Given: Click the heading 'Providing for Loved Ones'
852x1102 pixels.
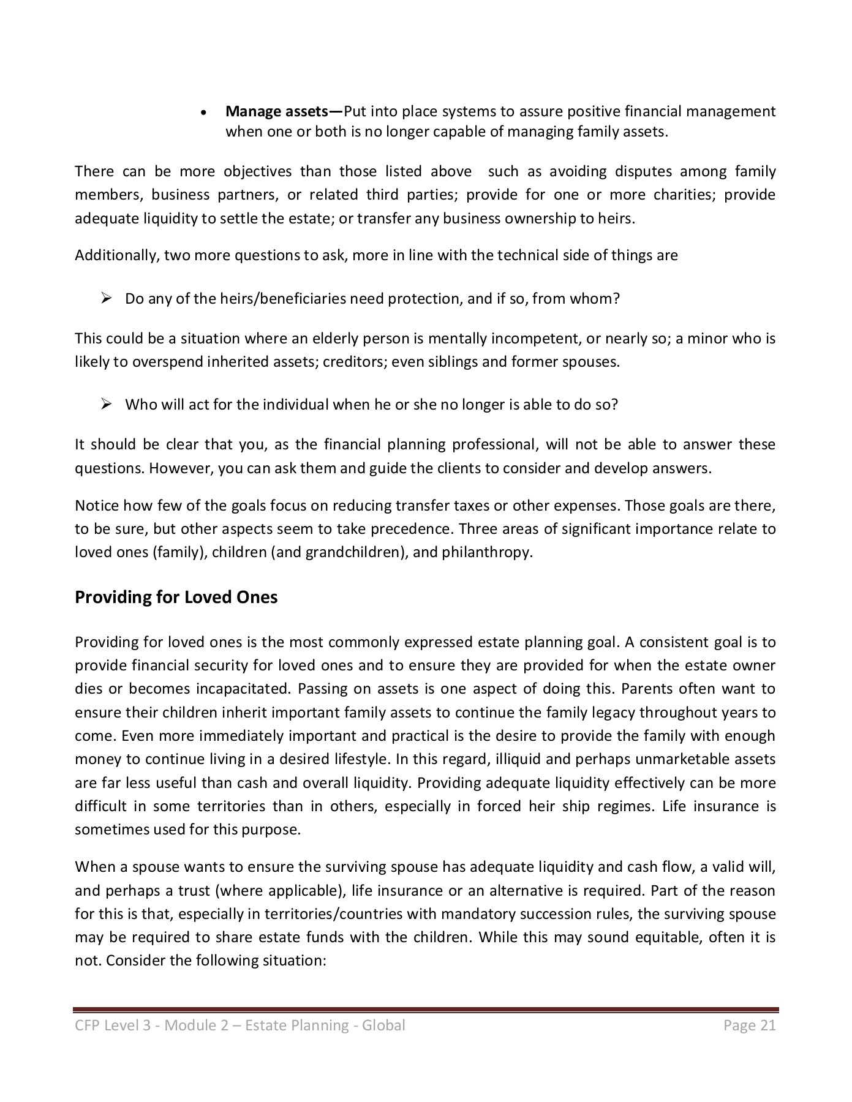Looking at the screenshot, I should (x=176, y=597).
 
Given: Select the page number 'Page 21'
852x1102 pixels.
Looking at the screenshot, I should (x=749, y=1025).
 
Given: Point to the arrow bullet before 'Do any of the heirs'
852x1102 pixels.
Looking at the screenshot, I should (x=105, y=299).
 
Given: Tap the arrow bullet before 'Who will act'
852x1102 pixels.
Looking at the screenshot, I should (x=105, y=405).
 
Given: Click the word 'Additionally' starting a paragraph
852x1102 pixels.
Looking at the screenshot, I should (x=117, y=255).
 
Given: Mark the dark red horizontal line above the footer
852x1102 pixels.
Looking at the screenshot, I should (x=425, y=1009).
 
